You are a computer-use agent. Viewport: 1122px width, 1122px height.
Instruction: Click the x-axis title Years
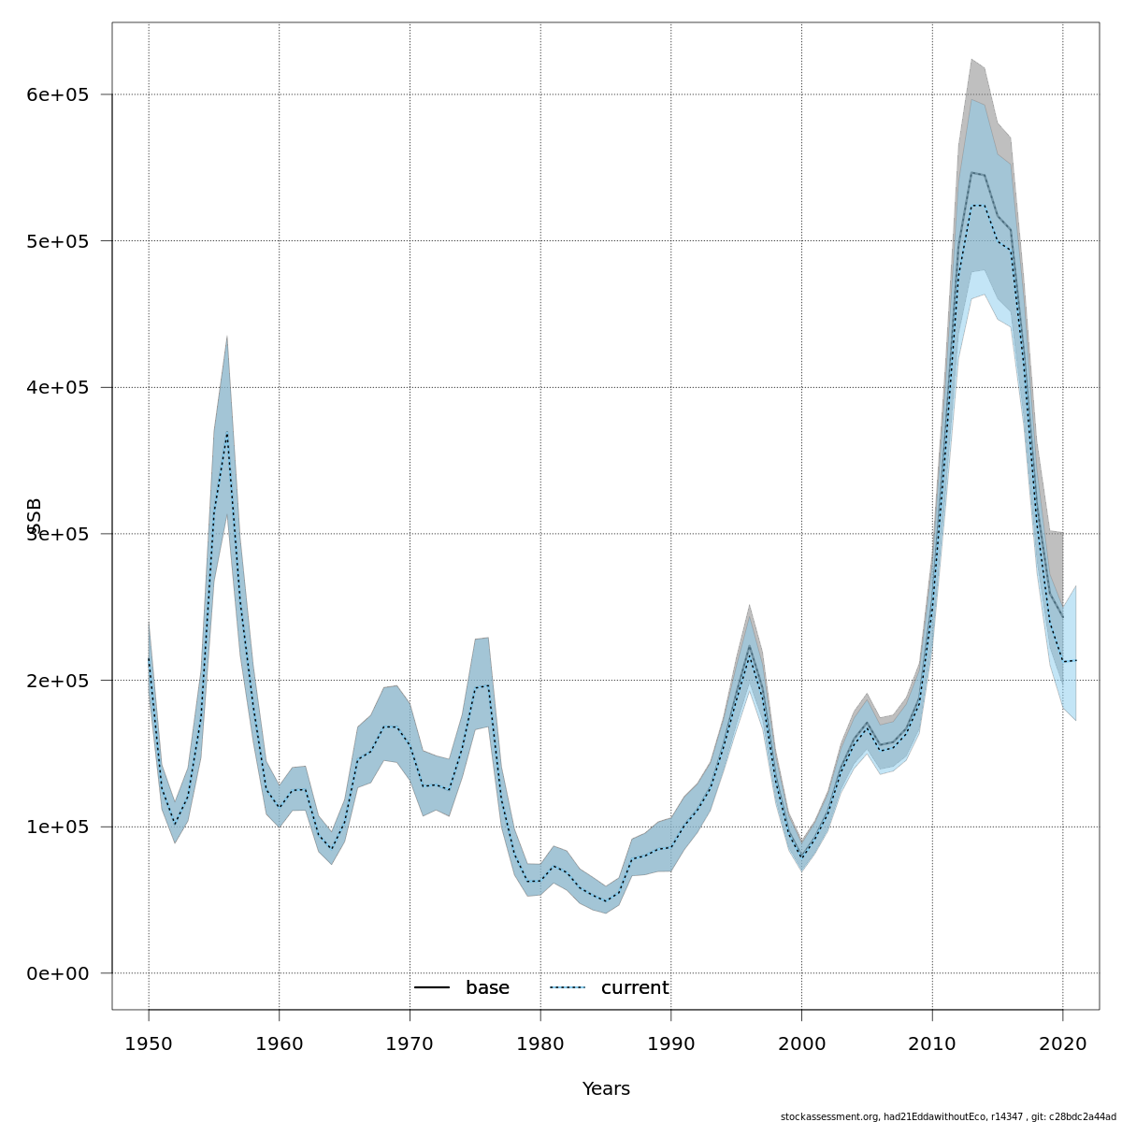pyautogui.click(x=606, y=1089)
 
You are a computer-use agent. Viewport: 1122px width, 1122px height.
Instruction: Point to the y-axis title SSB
pyautogui.click(x=36, y=516)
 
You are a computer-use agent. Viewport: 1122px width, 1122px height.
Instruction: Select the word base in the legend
pyautogui.click(x=487, y=988)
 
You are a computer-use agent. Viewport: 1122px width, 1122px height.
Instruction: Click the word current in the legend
pyautogui.click(x=635, y=988)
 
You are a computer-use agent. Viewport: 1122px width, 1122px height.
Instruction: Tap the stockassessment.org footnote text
pyautogui.click(x=948, y=1116)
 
